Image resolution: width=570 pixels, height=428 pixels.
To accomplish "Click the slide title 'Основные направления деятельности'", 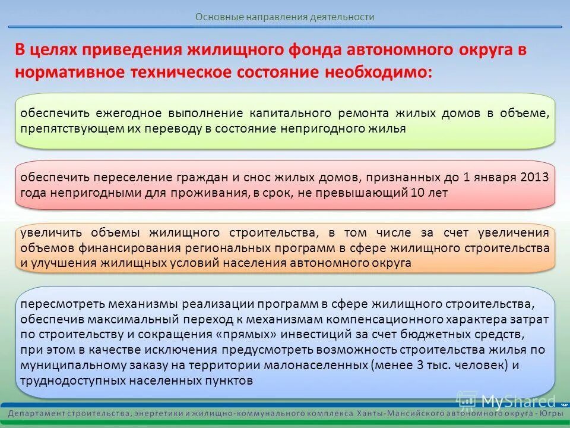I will click(x=285, y=17).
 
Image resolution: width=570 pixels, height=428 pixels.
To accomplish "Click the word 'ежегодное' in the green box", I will click(x=131, y=114).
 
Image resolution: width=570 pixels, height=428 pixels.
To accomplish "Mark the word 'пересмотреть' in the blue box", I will click(x=58, y=304).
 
